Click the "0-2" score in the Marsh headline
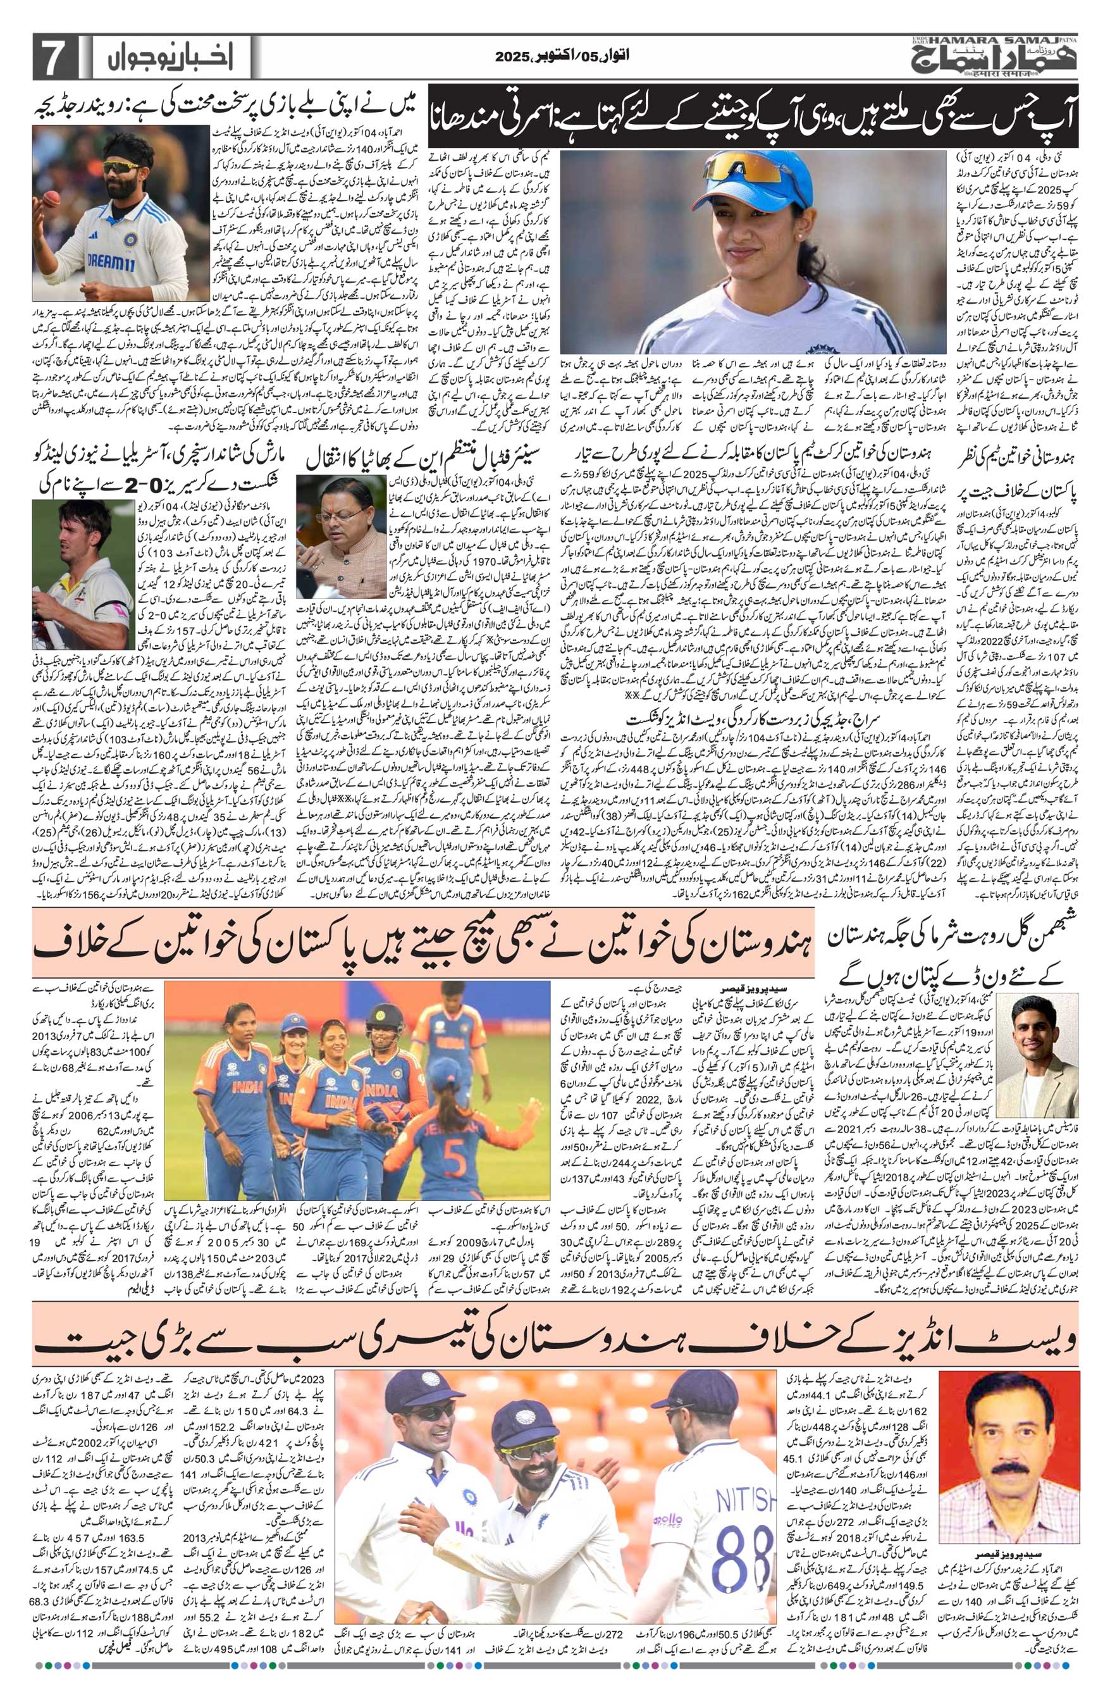[171, 478]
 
